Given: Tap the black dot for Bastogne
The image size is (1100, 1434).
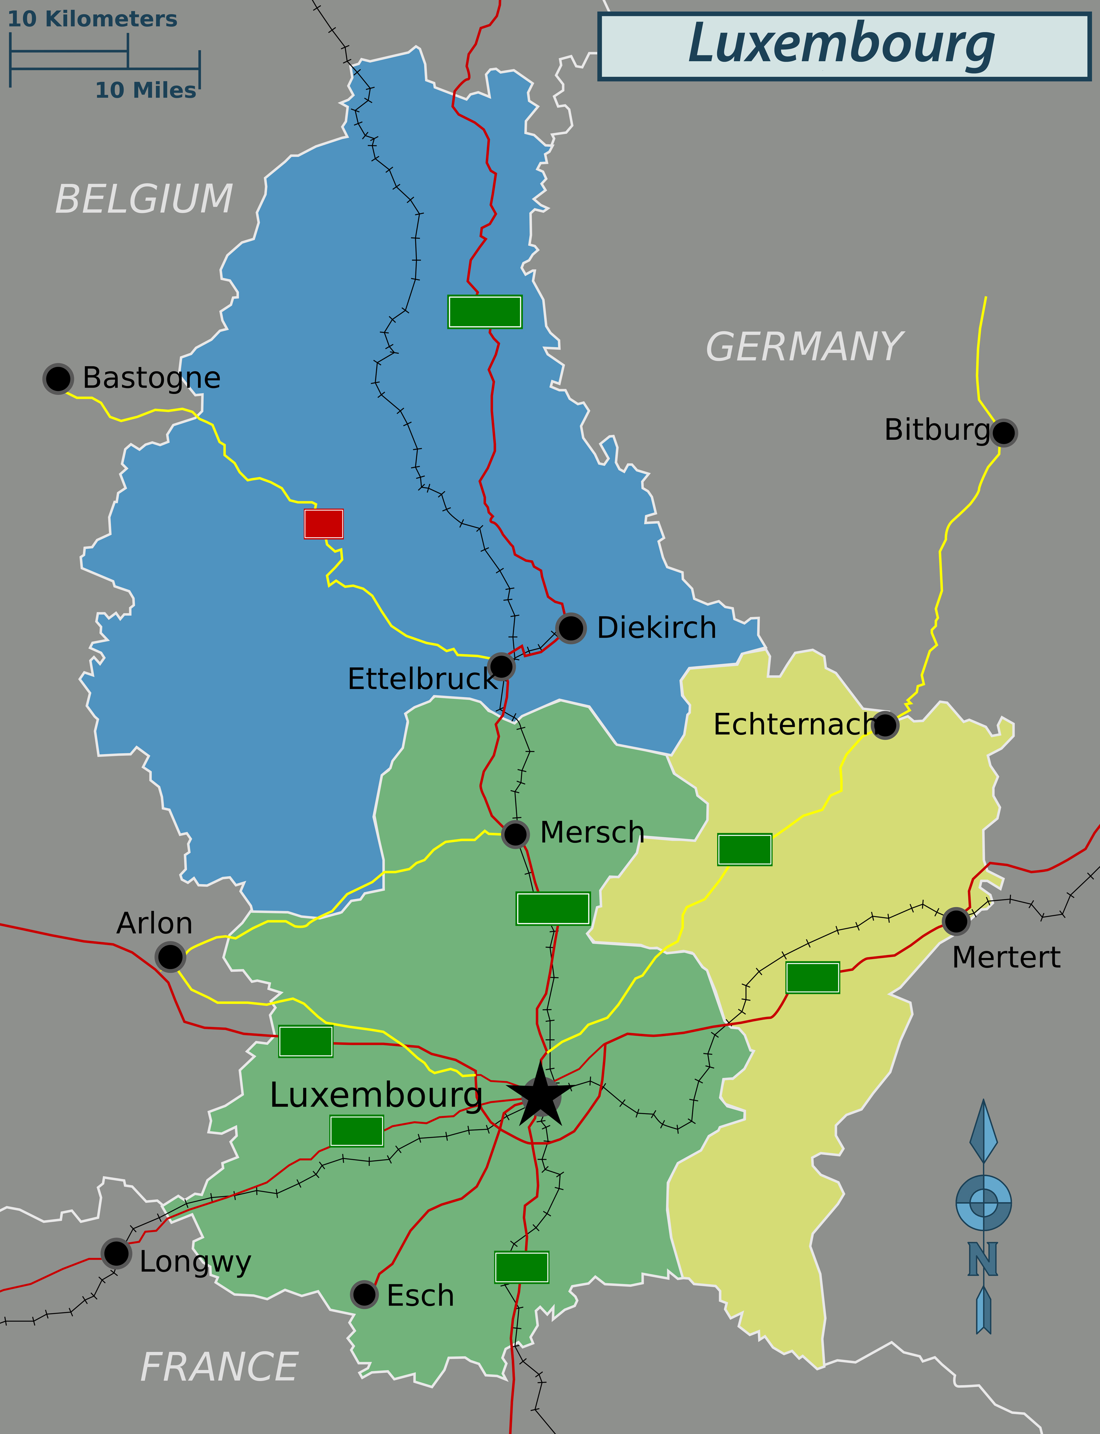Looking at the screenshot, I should click(x=58, y=378).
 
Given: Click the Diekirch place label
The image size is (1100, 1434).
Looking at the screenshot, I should click(x=656, y=627).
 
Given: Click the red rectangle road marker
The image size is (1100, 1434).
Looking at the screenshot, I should click(x=323, y=524).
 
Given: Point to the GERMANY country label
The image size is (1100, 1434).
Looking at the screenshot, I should click(x=804, y=347).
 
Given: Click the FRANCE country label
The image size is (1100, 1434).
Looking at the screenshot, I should click(x=219, y=1367).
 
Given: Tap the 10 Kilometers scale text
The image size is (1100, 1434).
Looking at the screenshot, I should click(x=92, y=19).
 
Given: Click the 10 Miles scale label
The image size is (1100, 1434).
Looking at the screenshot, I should click(x=145, y=90).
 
